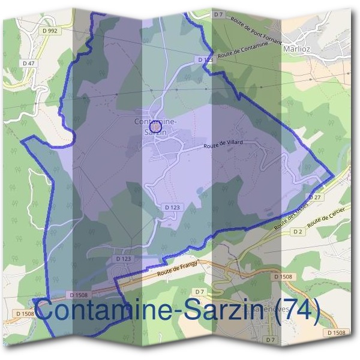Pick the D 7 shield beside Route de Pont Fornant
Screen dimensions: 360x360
point(218,13)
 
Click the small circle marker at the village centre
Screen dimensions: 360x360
point(155,126)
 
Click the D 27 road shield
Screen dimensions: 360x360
point(316,197)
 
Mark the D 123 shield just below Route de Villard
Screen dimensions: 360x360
point(172,207)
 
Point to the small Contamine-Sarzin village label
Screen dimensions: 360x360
point(155,126)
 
